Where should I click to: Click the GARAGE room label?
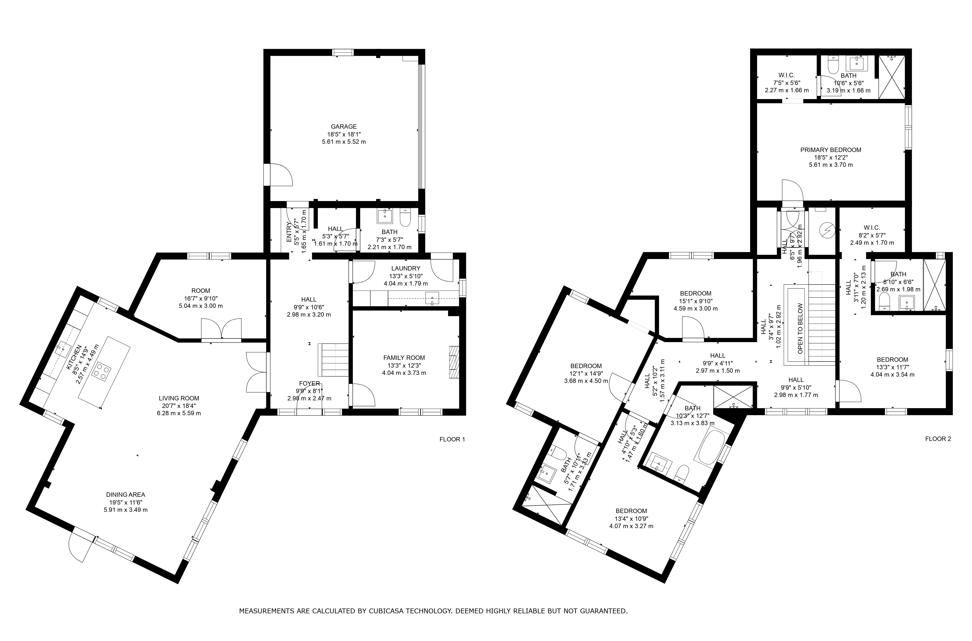[344, 127]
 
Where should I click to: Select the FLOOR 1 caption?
[452, 439]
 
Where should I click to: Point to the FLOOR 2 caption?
[938, 439]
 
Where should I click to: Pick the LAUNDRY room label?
[405, 268]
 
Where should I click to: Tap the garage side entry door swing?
[280, 175]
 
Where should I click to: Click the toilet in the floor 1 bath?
[405, 219]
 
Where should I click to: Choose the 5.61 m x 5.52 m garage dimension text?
[344, 142]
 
